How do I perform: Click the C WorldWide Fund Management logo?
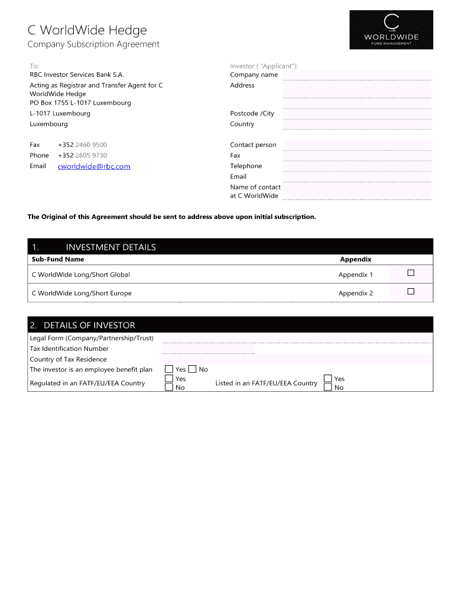click(x=391, y=30)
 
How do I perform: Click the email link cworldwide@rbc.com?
click(x=94, y=166)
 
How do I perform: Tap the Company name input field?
click(x=357, y=75)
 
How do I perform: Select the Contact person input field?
click(x=357, y=144)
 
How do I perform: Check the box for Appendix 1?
click(x=411, y=273)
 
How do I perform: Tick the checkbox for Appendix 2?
click(x=411, y=291)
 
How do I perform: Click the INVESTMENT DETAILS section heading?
click(x=111, y=247)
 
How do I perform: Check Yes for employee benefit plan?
click(x=169, y=369)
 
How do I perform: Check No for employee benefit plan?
click(x=192, y=369)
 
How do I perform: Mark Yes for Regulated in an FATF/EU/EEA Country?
click(x=169, y=378)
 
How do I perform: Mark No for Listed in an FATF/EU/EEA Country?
click(x=328, y=387)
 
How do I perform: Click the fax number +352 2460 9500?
click(x=83, y=144)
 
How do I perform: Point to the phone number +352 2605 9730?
click(x=83, y=155)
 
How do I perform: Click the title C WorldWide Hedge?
click(x=87, y=30)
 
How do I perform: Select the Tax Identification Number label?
click(x=69, y=349)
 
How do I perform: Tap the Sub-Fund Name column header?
click(x=58, y=259)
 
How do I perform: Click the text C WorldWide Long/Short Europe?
click(x=82, y=293)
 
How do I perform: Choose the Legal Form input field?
click(x=297, y=338)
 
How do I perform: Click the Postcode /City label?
click(x=252, y=113)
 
